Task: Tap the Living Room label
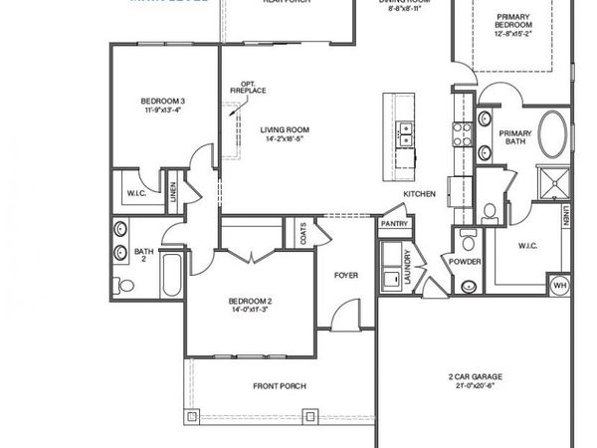(x=285, y=129)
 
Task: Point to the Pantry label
(x=394, y=225)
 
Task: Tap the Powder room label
(x=466, y=262)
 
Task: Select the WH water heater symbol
(x=559, y=286)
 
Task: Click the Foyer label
(x=345, y=275)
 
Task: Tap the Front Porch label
(x=279, y=386)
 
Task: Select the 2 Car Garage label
(x=475, y=376)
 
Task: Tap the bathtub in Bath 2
(x=170, y=275)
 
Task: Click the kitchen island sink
(x=405, y=133)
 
